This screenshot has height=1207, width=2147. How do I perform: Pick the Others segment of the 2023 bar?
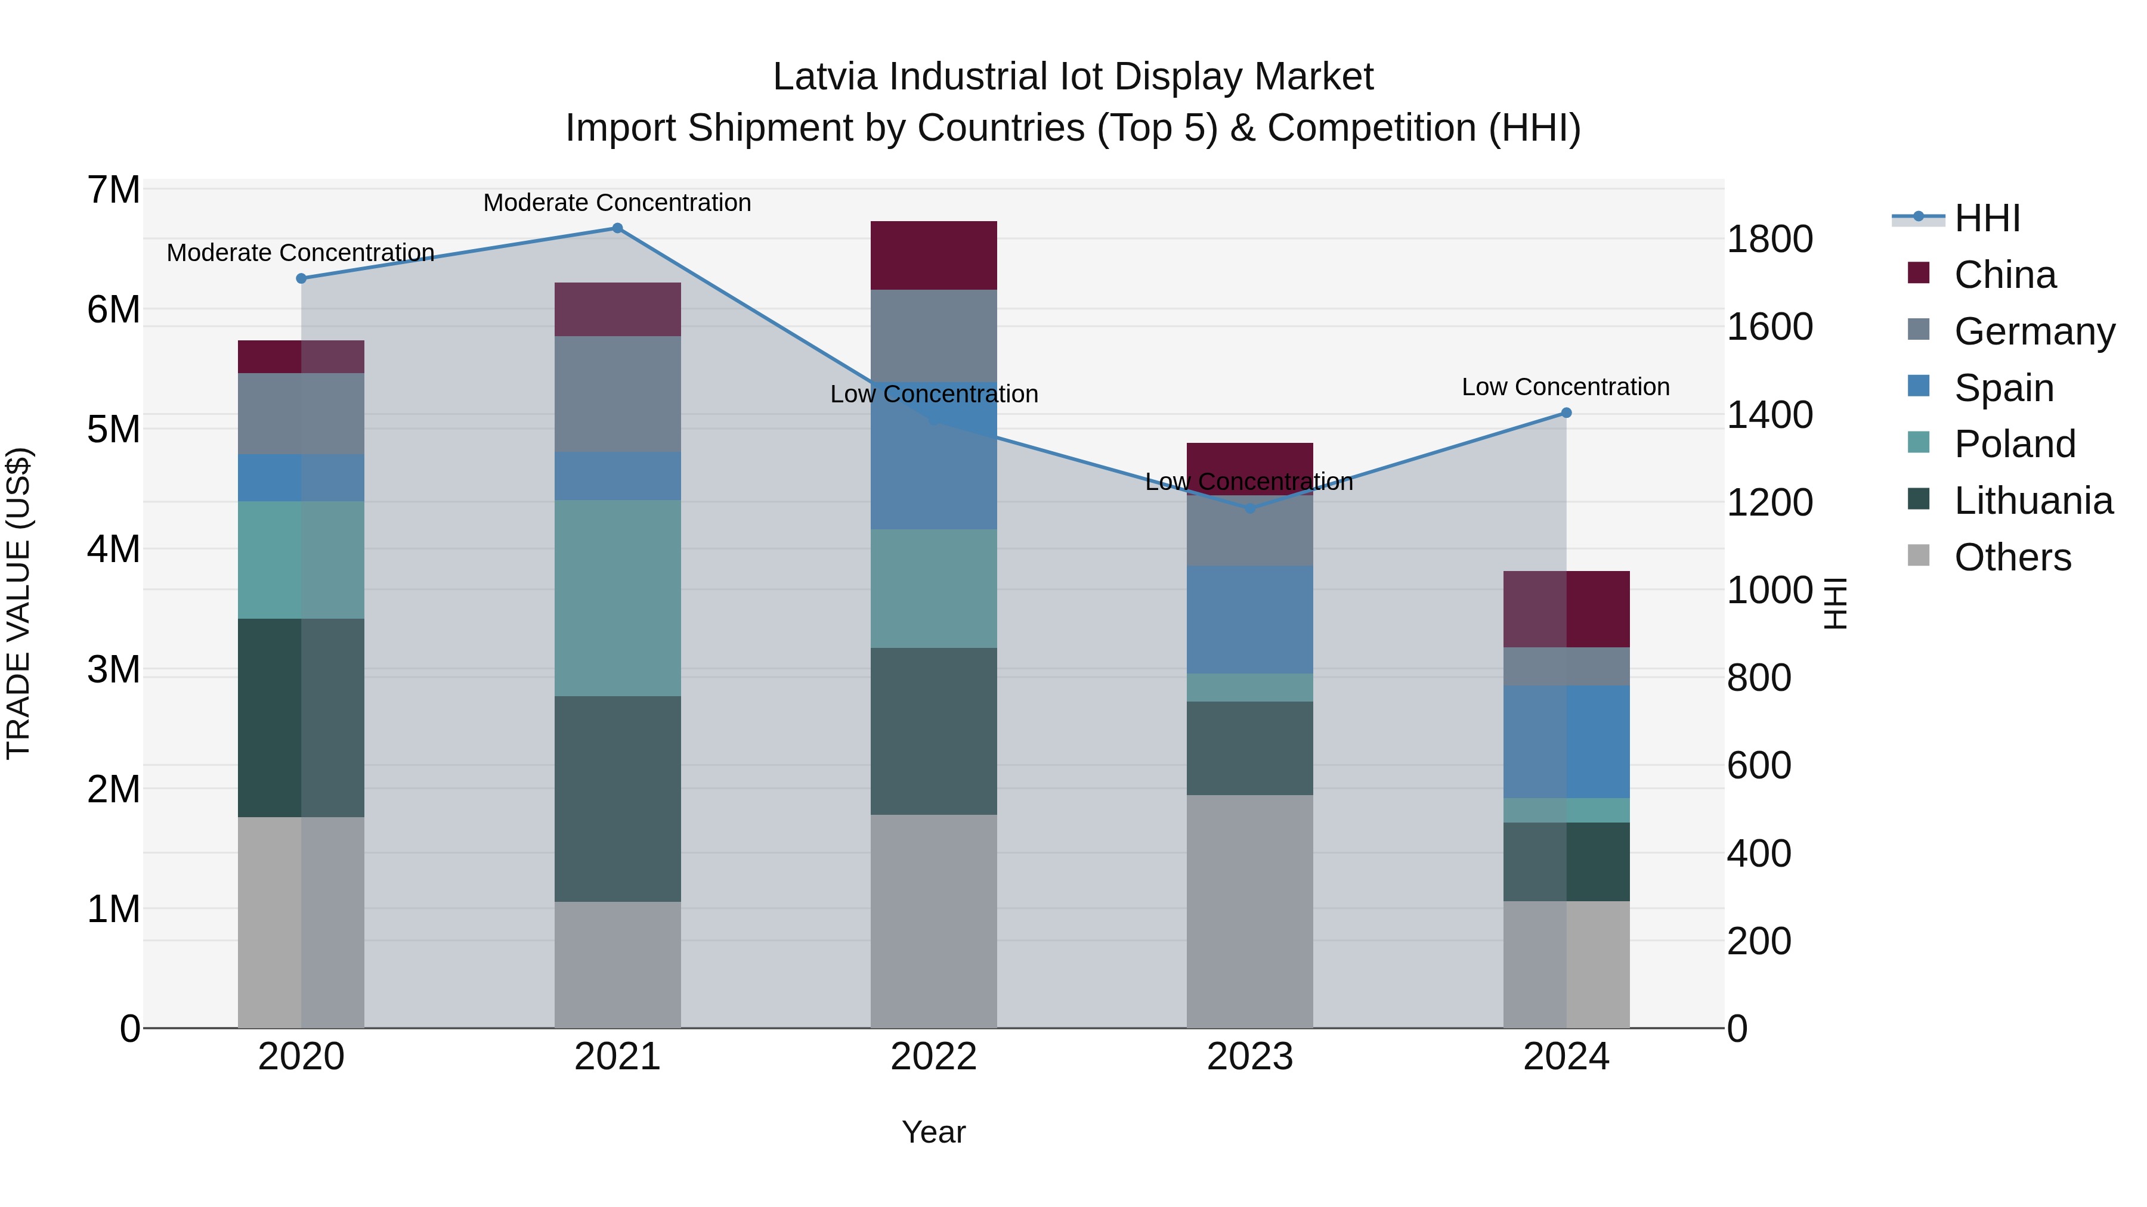point(1249,911)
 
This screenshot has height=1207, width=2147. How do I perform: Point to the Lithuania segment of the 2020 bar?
point(301,718)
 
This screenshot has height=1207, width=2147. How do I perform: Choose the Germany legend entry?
point(2034,331)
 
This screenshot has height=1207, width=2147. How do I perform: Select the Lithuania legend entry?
point(2033,501)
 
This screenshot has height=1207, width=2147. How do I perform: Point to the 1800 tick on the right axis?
point(1769,240)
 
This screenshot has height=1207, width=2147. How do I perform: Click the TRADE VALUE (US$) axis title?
point(19,603)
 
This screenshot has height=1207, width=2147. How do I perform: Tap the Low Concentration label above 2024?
point(1566,387)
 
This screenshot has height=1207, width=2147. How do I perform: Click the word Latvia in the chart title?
point(825,77)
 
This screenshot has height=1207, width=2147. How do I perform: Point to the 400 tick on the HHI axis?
point(1759,854)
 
